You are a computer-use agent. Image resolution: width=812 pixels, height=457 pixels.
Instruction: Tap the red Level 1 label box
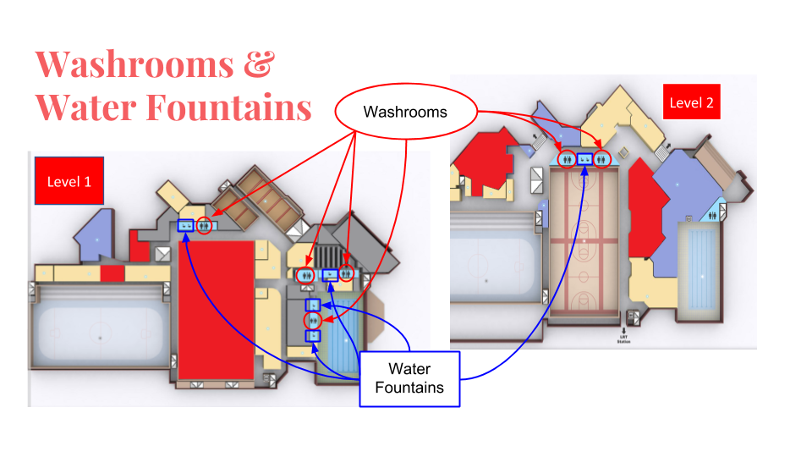(69, 181)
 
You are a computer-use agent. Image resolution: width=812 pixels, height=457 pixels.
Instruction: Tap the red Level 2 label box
(691, 102)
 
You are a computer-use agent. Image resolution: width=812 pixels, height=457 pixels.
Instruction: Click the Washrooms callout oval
(405, 112)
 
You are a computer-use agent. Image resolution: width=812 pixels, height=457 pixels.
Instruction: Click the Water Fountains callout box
(409, 378)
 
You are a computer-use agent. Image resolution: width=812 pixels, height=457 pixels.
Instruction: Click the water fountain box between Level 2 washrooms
(584, 157)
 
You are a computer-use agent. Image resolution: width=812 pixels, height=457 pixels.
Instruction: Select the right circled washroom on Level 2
(601, 157)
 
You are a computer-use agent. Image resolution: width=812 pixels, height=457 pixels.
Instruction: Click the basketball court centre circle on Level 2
(584, 241)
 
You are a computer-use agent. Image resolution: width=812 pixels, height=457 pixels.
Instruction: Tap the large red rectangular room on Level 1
(216, 309)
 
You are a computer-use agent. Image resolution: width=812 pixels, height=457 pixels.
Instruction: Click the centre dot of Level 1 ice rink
(99, 338)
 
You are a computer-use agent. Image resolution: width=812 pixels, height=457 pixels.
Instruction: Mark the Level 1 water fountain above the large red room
(185, 226)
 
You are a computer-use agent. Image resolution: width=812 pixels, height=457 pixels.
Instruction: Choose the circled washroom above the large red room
(205, 226)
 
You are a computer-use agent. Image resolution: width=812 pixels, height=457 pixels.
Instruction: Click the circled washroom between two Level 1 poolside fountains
(314, 320)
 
